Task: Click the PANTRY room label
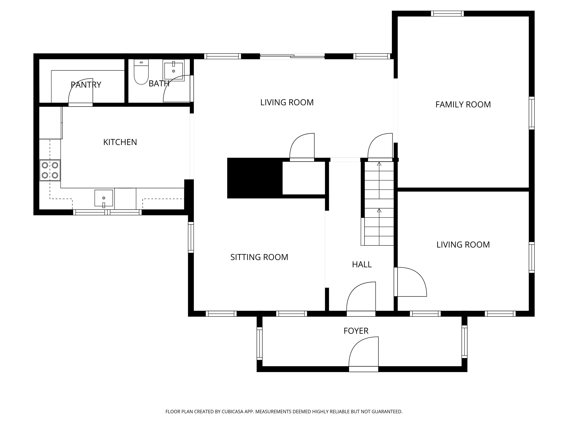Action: tap(86, 85)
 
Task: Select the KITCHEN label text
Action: tap(120, 142)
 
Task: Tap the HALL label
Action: tap(362, 264)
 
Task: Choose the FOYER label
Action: tap(356, 331)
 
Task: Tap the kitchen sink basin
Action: tap(104, 198)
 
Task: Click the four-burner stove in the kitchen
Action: tap(50, 170)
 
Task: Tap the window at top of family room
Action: tap(447, 14)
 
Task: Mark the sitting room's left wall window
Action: tap(191, 237)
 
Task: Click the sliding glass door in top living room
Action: tap(292, 56)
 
